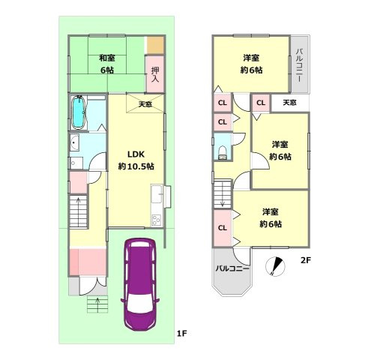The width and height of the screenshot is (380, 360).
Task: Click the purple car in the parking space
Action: (x=140, y=283)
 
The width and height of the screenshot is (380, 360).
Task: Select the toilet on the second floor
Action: (x=222, y=152)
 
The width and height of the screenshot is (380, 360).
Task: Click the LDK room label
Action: (x=136, y=154)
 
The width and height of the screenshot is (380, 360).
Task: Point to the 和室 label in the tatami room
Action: (x=107, y=58)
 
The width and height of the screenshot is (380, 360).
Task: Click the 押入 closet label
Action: (x=155, y=74)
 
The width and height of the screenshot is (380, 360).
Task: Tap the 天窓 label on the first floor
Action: (x=145, y=104)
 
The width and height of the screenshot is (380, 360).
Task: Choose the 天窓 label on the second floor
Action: (x=289, y=102)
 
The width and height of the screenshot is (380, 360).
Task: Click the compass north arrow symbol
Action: (x=275, y=266)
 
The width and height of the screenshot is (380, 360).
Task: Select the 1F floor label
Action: (x=182, y=333)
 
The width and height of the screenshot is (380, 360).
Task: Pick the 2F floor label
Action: (x=306, y=260)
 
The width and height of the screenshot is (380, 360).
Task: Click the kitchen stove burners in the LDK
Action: (x=157, y=220)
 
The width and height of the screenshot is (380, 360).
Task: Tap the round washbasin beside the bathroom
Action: (x=74, y=142)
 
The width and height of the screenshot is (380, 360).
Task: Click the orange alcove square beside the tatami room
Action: (x=155, y=45)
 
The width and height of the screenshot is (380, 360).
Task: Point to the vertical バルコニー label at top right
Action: (x=299, y=65)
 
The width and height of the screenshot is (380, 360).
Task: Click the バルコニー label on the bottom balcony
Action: (x=232, y=268)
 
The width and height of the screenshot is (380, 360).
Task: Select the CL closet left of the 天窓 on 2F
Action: (x=261, y=103)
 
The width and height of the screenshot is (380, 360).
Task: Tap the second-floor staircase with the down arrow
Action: (x=223, y=194)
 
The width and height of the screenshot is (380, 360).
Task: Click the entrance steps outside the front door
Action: (x=97, y=304)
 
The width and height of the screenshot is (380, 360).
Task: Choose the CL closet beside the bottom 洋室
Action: (x=223, y=228)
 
